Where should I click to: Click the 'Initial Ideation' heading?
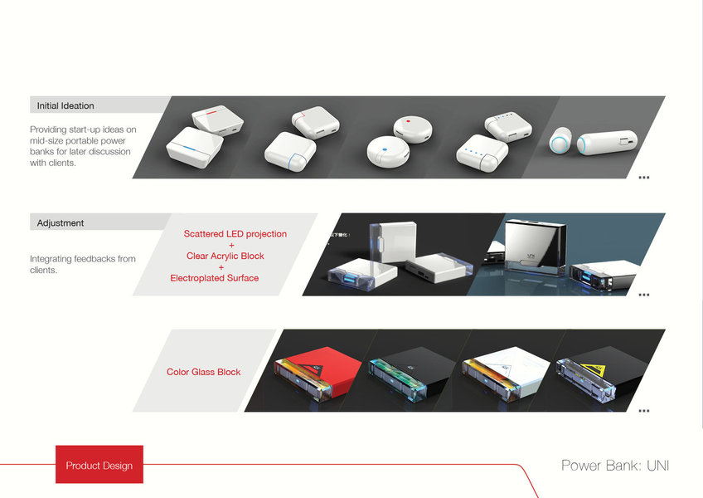click(x=65, y=105)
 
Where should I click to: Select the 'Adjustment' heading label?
click(x=61, y=222)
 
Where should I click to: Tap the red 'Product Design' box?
click(x=99, y=465)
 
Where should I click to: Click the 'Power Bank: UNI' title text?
click(x=614, y=465)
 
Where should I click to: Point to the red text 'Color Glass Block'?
click(x=204, y=372)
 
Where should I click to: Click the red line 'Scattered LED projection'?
click(x=235, y=234)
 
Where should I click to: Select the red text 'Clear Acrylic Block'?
click(x=225, y=256)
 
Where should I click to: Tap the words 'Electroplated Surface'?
click(x=215, y=278)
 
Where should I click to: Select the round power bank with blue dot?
click(x=384, y=152)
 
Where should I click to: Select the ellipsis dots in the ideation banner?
click(x=643, y=178)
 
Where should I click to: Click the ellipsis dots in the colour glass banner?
click(x=643, y=410)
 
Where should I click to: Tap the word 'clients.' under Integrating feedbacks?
click(x=43, y=270)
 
